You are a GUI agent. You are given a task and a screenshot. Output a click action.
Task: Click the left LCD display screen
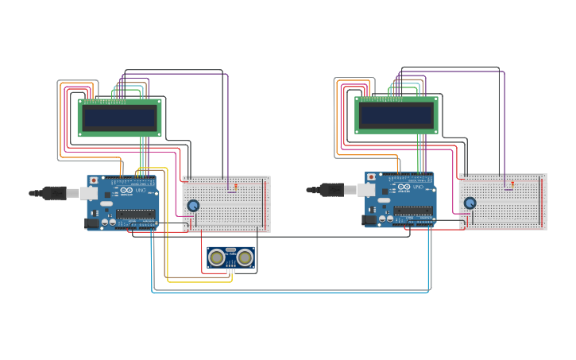[x=120, y=118]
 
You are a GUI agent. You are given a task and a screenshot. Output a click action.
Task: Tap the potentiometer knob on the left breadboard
[x=193, y=206]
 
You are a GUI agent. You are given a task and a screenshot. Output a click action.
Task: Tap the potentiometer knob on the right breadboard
[x=470, y=203]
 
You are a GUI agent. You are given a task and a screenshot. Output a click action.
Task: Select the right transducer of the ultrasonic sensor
[x=245, y=257]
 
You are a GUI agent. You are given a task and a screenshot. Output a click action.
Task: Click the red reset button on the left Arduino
[x=93, y=181]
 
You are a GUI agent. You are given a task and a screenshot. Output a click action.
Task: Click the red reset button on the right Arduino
[x=370, y=178]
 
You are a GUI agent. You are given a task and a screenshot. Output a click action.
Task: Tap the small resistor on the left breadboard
[x=235, y=186]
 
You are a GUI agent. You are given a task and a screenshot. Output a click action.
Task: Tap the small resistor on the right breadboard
[x=512, y=184]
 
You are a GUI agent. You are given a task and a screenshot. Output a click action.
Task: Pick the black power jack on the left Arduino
[x=92, y=223]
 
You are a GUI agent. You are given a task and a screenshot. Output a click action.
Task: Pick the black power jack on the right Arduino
[x=369, y=220]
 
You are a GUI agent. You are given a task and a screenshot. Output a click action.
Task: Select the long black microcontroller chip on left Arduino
[x=136, y=213]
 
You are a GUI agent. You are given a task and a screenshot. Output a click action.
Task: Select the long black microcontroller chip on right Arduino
[x=413, y=211]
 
